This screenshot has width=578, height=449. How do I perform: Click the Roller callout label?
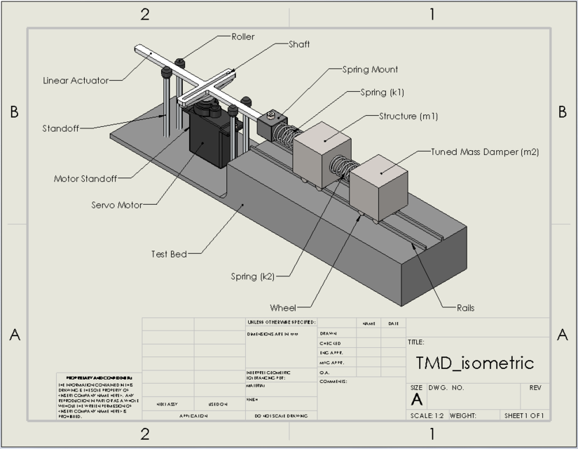click(243, 36)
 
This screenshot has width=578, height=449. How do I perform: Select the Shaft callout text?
click(299, 44)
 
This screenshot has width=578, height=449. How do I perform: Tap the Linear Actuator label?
click(76, 81)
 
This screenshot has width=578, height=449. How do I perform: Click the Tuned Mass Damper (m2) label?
click(485, 151)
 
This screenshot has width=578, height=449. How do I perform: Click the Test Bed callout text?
click(169, 254)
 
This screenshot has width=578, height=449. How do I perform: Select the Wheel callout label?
click(283, 307)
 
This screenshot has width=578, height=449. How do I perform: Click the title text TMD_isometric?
click(474, 363)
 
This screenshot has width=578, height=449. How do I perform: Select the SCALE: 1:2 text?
click(427, 415)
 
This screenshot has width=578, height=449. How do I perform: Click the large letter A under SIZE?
click(416, 400)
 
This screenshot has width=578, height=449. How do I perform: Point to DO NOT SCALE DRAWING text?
click(278, 415)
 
